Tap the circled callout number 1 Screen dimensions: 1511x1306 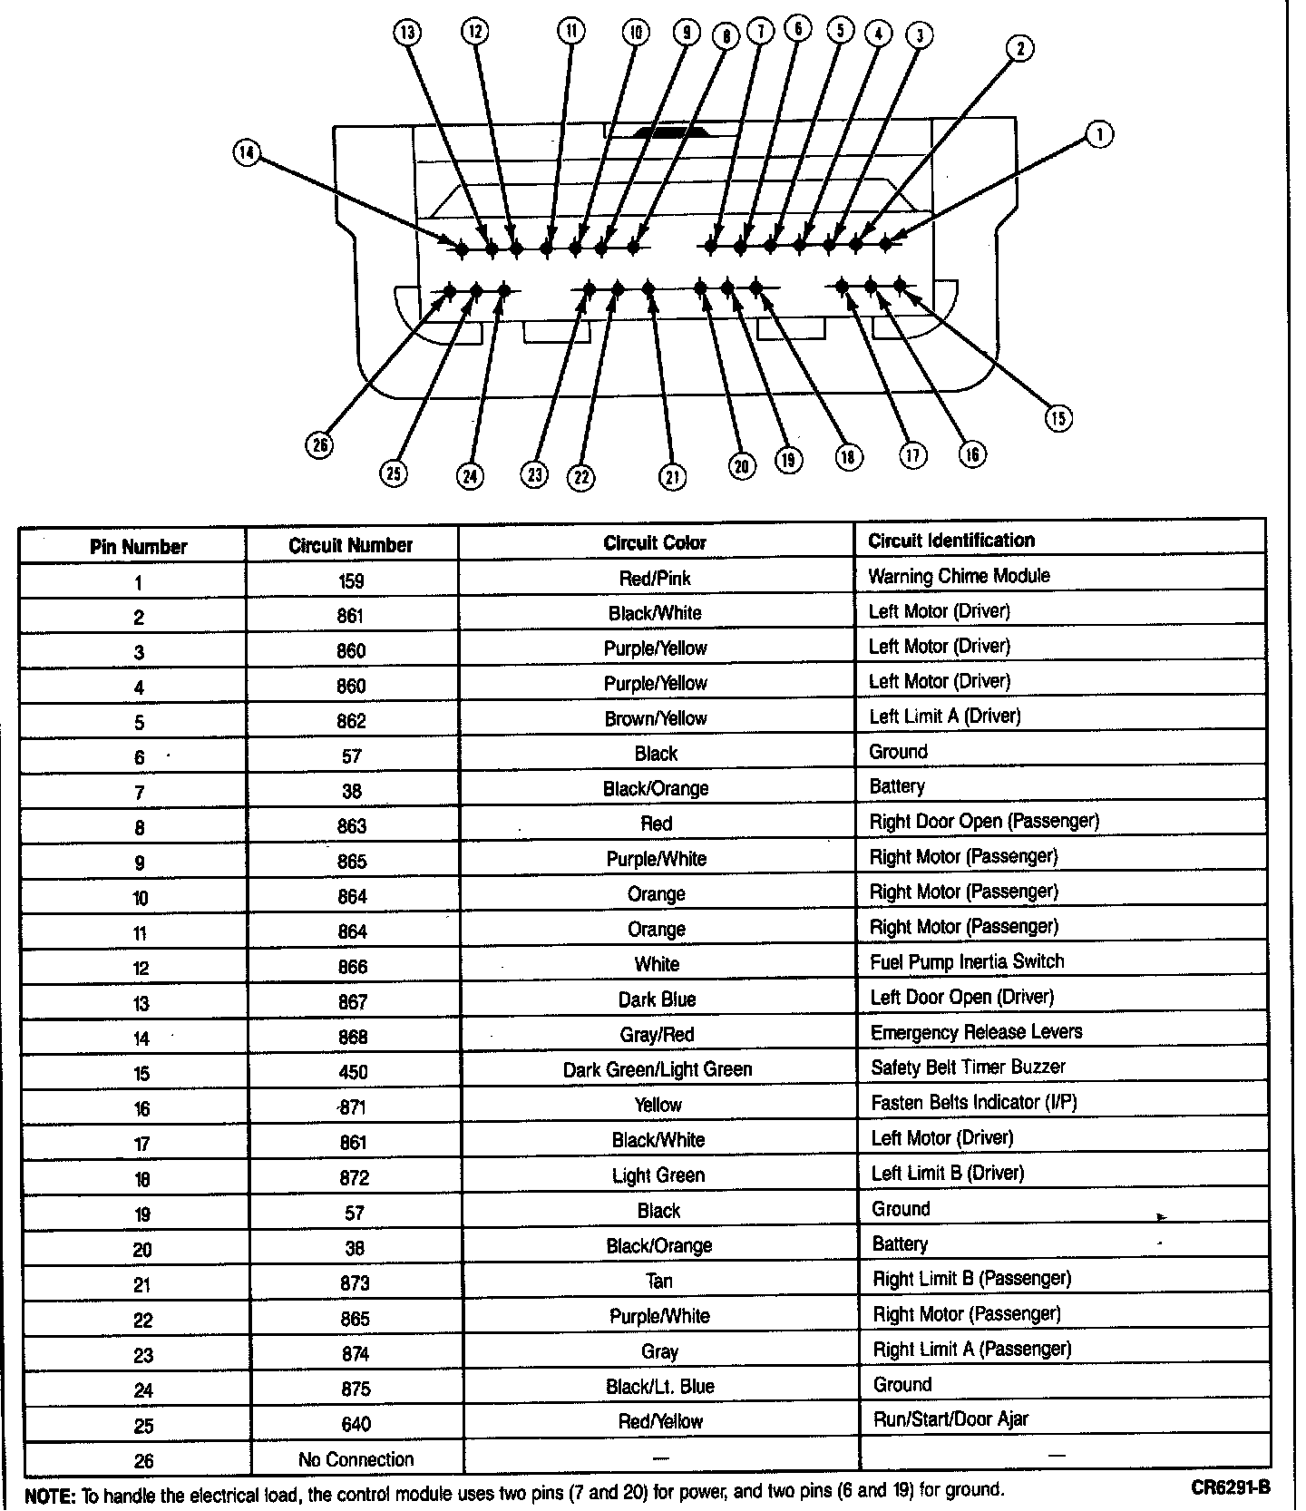1099,135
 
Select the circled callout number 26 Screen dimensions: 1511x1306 319,444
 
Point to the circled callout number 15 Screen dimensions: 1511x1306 1058,417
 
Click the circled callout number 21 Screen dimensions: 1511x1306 672,476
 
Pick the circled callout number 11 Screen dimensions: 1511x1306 570,32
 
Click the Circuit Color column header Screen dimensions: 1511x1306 655,542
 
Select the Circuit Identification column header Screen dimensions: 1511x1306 950,541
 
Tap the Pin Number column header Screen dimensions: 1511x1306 138,547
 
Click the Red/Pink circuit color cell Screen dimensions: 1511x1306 655,578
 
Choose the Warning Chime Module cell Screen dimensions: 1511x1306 959,576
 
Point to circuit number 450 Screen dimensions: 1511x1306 353,1072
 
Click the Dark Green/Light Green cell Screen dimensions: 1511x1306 657,1069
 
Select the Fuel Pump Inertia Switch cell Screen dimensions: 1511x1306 967,961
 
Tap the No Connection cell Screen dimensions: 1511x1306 356,1459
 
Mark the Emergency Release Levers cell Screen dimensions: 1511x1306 976,1032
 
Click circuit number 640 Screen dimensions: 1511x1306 356,1424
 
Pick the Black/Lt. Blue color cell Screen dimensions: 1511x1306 659,1387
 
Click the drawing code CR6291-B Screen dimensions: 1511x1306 1231,1487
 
